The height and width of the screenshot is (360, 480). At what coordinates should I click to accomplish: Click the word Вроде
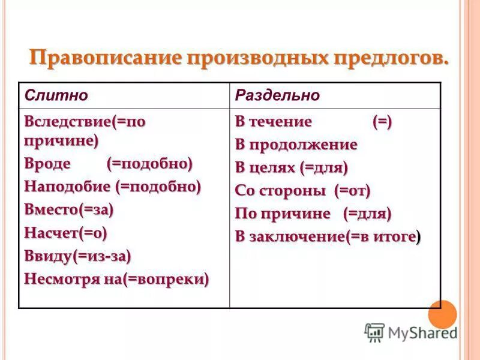(x=48, y=164)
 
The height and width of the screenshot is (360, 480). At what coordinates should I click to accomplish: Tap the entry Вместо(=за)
(x=69, y=209)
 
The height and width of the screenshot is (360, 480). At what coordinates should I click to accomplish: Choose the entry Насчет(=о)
(x=65, y=232)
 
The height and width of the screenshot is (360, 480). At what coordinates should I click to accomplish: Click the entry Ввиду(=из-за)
(x=77, y=256)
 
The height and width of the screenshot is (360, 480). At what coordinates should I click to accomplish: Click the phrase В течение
(x=274, y=122)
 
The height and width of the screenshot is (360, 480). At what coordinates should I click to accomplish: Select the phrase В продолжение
(x=296, y=145)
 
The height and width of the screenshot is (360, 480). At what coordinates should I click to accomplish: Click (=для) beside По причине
(x=367, y=214)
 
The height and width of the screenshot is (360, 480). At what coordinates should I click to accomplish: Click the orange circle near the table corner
(x=443, y=313)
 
